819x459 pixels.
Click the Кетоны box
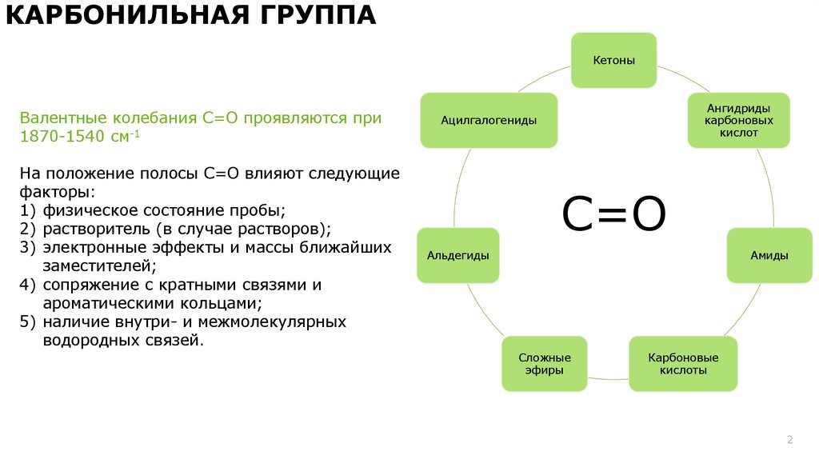pyautogui.click(x=613, y=61)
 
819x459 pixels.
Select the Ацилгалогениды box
pyautogui.click(x=489, y=120)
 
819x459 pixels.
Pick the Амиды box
pyautogui.click(x=769, y=255)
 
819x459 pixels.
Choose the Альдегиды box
pyautogui.click(x=458, y=255)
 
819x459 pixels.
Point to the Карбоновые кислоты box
pyautogui.click(x=683, y=364)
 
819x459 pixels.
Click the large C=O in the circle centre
pyautogui.click(x=614, y=215)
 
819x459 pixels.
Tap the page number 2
pyautogui.click(x=789, y=440)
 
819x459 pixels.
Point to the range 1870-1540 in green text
pyautogui.click(x=62, y=136)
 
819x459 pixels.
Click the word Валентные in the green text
pyautogui.click(x=57, y=118)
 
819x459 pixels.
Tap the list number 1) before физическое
pyautogui.click(x=28, y=210)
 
